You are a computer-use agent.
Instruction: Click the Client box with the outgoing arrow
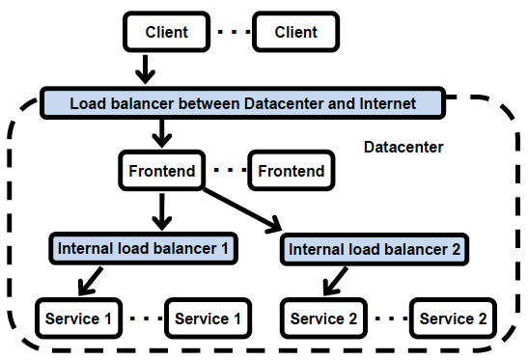[x=166, y=32]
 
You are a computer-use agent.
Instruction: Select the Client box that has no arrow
[x=295, y=32]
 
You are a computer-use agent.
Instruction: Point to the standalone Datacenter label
[x=403, y=148]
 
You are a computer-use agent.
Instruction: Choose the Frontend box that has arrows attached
[x=161, y=172]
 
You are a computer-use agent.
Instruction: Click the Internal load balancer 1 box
[x=142, y=248]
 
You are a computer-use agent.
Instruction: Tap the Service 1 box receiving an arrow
[x=78, y=318]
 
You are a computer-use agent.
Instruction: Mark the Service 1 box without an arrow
[x=208, y=318]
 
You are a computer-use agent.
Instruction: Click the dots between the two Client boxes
[x=231, y=33]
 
